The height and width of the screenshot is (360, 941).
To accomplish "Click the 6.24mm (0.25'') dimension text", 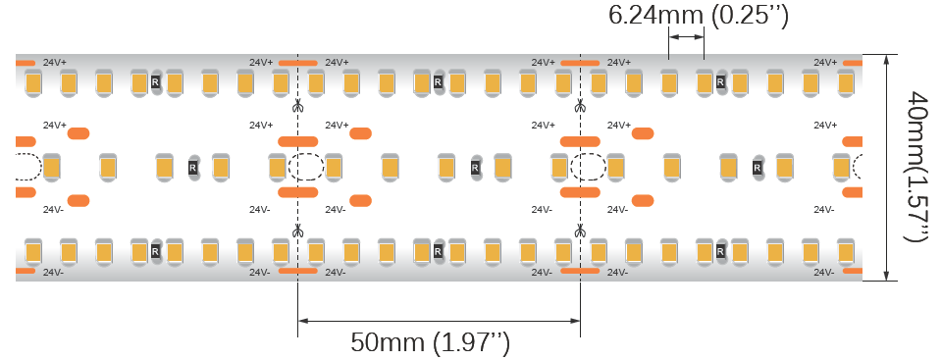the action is (698, 16).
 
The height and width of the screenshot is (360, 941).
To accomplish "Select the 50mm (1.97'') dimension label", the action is (431, 342).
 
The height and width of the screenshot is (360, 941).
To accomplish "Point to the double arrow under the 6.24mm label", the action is (686, 37).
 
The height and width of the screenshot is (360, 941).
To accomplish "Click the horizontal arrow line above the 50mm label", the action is (439, 321).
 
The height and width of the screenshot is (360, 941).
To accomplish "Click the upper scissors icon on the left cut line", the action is (297, 106).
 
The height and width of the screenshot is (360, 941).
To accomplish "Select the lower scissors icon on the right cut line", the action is (580, 231).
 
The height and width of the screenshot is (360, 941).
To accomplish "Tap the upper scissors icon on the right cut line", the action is (580, 106).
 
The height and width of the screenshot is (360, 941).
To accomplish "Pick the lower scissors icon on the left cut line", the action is (297, 231).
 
